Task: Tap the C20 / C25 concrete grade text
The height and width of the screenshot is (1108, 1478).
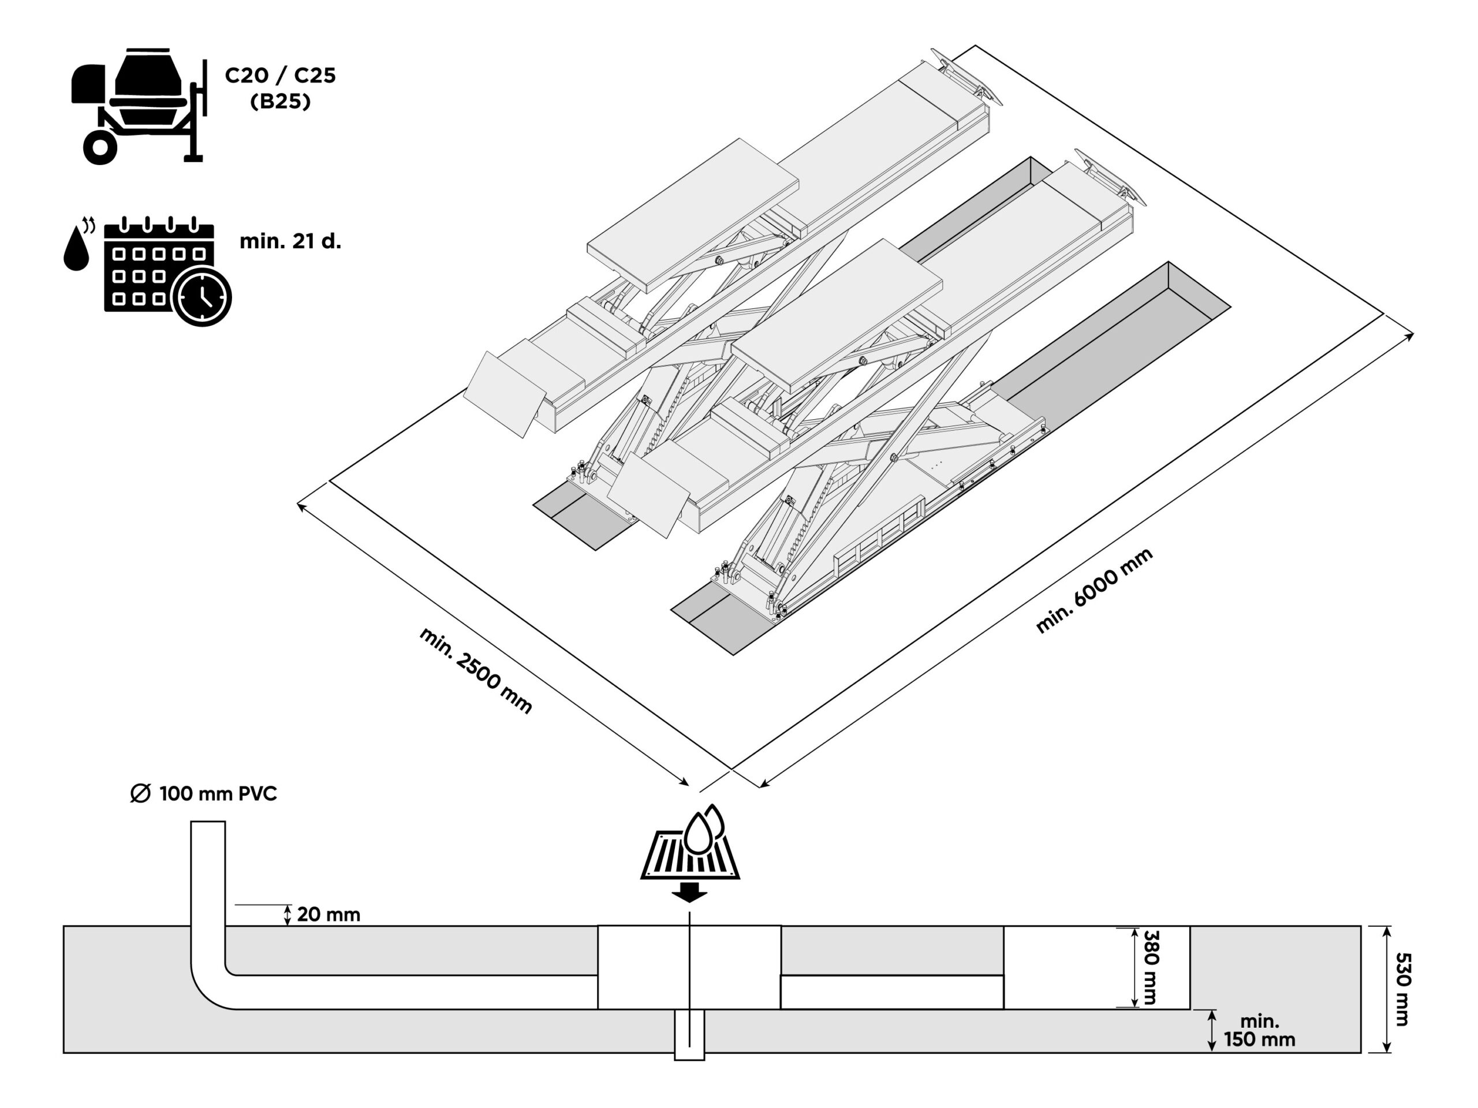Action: [280, 76]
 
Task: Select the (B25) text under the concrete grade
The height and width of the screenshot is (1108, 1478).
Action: [280, 102]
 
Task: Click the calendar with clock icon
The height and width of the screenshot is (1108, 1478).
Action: [161, 271]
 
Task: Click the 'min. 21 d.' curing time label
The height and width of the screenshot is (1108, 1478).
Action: [290, 241]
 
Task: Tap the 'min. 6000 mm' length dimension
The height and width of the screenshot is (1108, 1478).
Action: [1094, 590]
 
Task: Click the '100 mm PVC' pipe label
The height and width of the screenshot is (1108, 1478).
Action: [218, 794]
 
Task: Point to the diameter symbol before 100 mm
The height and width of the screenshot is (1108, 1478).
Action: [140, 794]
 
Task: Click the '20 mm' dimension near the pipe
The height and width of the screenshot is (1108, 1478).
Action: [328, 914]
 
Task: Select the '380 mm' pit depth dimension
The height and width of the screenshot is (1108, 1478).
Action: [1151, 967]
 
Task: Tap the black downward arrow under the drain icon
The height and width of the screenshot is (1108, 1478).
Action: [689, 892]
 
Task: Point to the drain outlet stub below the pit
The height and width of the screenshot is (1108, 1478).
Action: [689, 1035]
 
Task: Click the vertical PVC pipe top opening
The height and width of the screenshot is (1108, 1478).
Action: [208, 823]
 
